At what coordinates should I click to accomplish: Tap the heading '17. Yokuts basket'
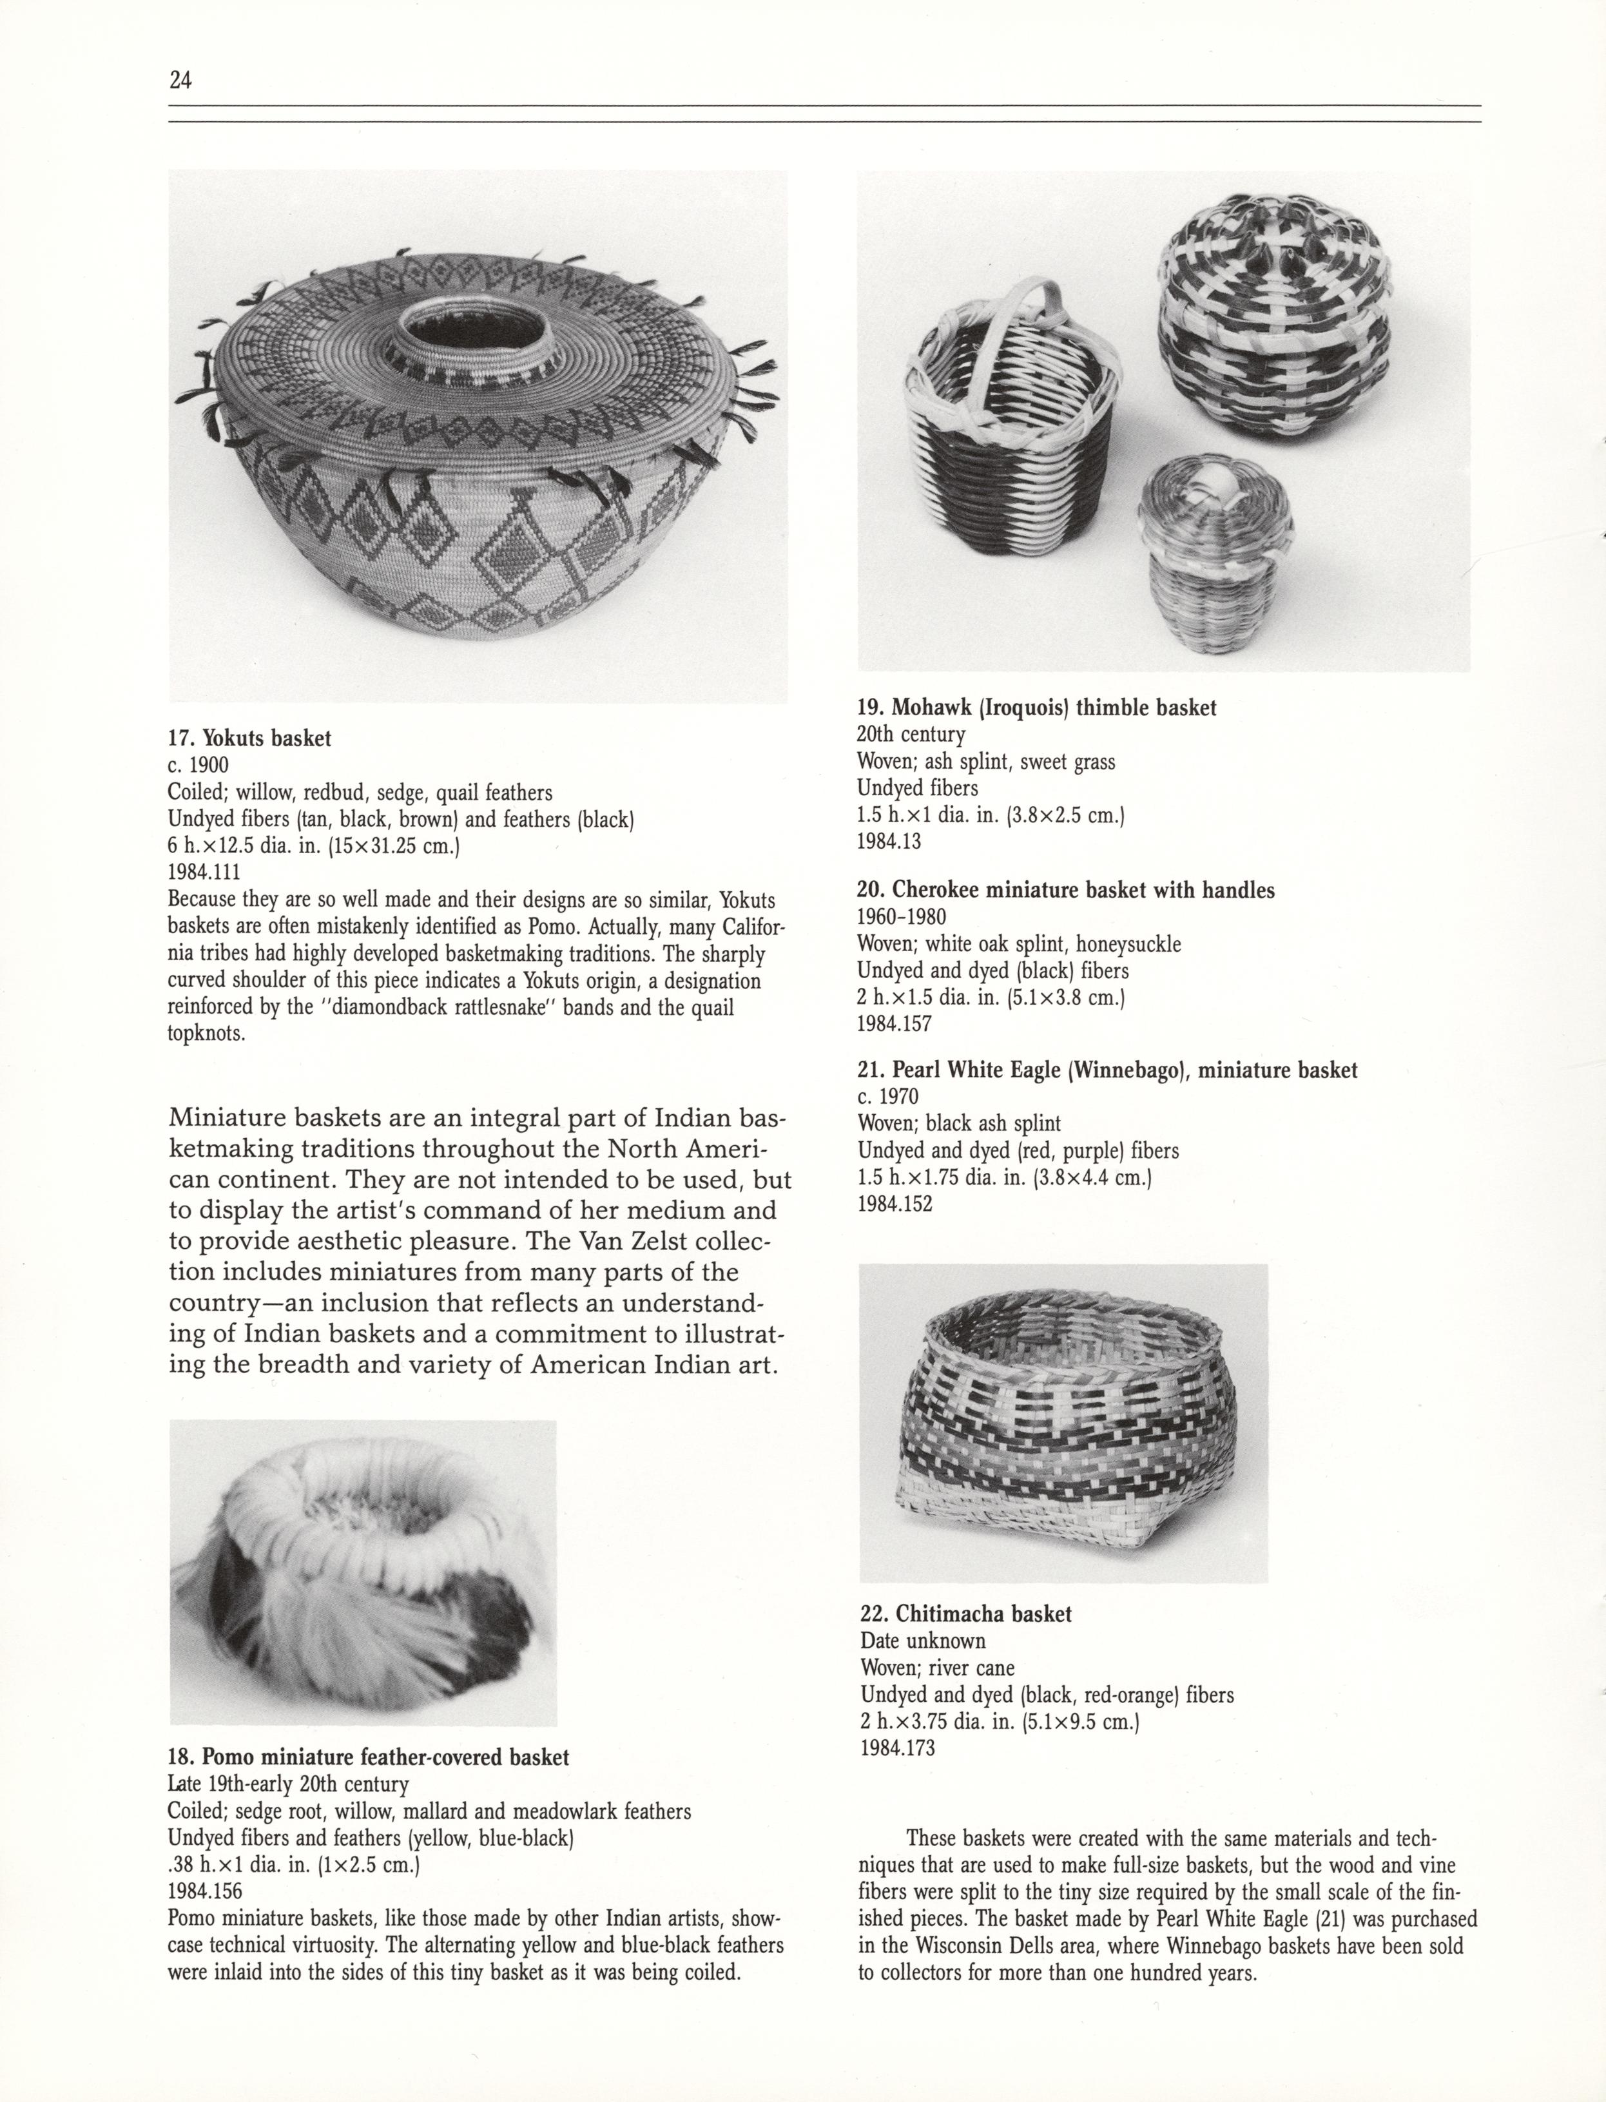point(249,738)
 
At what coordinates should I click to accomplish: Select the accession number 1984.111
point(204,872)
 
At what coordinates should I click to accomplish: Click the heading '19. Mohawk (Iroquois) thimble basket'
point(1036,708)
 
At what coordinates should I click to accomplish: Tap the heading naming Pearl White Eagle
point(1107,1070)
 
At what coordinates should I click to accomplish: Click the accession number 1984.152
point(895,1204)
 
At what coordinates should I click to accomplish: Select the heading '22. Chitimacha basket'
point(965,1614)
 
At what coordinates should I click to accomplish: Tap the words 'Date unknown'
point(922,1641)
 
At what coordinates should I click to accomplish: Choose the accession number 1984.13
point(889,841)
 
